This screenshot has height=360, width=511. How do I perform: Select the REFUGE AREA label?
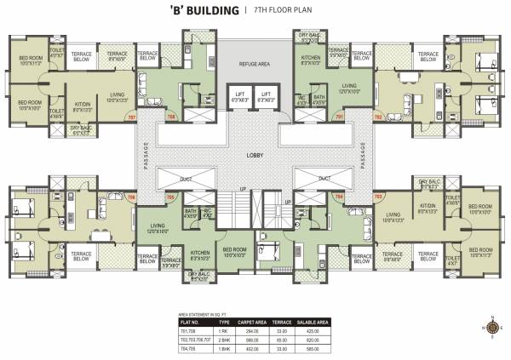click(255, 64)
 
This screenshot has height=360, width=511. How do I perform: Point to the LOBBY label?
click(255, 155)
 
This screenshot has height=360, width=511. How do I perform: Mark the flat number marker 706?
click(131, 197)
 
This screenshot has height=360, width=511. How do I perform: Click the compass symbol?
click(491, 324)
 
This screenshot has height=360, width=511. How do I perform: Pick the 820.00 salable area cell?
click(337, 339)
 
